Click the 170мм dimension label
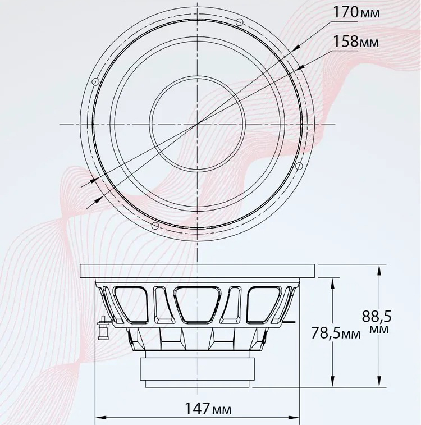[x=356, y=12]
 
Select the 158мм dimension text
[x=356, y=42]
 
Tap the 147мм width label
[x=208, y=408]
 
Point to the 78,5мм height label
[x=336, y=333]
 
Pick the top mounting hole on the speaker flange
[x=239, y=22]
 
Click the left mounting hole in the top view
[x=95, y=82]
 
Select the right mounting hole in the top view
[x=299, y=165]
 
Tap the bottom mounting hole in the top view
[x=155, y=226]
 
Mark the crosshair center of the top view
[x=197, y=124]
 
